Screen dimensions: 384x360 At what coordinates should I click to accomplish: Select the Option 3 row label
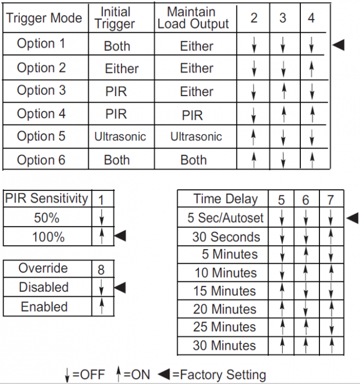click(41, 91)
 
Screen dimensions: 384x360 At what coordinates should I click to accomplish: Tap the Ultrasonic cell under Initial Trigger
click(120, 136)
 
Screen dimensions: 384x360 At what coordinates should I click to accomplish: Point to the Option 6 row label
click(41, 160)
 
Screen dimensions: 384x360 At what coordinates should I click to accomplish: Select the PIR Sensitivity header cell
click(46, 199)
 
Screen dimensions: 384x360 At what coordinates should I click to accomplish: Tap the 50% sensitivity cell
click(46, 218)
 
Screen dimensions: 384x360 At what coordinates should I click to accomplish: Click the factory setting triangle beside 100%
click(119, 236)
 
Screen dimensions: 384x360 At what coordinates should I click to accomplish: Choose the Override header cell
click(43, 268)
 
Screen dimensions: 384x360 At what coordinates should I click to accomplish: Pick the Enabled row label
click(44, 307)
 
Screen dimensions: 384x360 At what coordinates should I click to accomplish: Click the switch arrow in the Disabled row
click(101, 287)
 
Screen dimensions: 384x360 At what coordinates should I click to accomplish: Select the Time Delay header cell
click(225, 199)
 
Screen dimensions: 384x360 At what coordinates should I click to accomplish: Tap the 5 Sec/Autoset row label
click(225, 218)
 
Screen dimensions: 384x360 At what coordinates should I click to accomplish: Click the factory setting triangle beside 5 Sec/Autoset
click(352, 218)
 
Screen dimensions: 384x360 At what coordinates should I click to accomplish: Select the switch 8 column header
click(101, 269)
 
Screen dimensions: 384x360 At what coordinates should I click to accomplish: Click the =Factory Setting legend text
click(219, 375)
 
